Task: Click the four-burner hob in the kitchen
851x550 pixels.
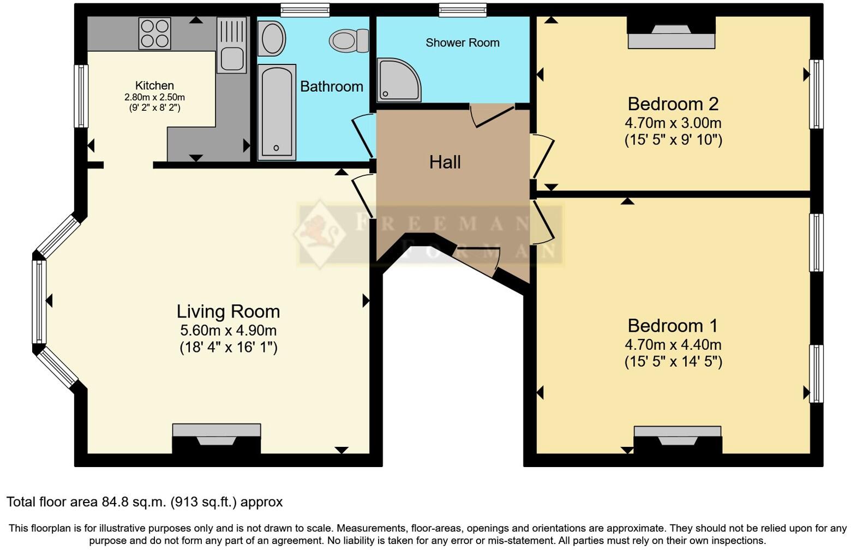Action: point(154,33)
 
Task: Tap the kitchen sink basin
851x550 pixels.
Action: point(232,59)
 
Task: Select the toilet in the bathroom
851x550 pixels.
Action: point(349,41)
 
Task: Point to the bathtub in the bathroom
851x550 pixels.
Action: point(277,112)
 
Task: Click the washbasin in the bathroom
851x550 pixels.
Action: point(272,38)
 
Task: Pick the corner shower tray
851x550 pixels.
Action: point(399,80)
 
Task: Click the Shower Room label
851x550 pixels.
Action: point(463,43)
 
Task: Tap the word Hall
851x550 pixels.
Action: point(445,162)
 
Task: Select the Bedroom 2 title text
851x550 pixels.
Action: point(673,104)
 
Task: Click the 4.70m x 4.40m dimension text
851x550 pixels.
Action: point(673,344)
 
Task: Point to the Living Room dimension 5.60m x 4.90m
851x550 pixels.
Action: point(228,330)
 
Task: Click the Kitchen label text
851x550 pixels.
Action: point(154,85)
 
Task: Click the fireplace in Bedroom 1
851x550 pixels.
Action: point(678,440)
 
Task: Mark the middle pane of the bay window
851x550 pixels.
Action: point(39,302)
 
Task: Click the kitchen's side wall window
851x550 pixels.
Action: point(81,96)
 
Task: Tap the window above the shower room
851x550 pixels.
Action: point(463,10)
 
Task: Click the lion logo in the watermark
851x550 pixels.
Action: point(320,233)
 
